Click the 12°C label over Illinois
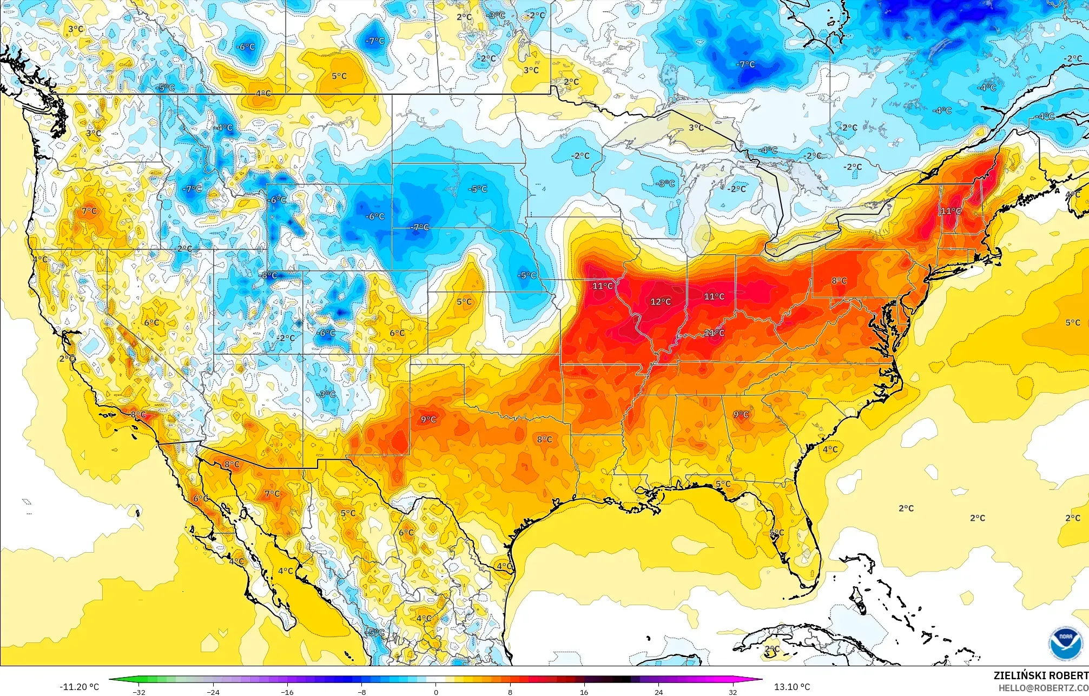pos(660,302)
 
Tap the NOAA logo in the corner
pos(1066,643)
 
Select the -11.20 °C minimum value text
pos(80,687)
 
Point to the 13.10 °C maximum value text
pos(792,687)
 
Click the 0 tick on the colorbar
pos(436,692)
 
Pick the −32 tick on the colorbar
pos(139,692)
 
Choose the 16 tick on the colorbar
pos(584,692)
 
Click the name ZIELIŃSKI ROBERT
pos(1040,675)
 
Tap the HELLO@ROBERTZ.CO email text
pos(1043,688)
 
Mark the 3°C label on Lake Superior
pos(696,128)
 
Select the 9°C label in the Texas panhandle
pos(428,419)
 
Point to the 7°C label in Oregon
pos(89,211)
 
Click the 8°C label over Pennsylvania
pos(839,281)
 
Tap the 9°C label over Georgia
pos(741,415)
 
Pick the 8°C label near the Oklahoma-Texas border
pos(544,439)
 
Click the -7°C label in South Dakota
pos(419,228)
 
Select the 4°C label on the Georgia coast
pos(830,449)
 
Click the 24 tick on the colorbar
pos(658,692)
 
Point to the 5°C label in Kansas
pos(464,302)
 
